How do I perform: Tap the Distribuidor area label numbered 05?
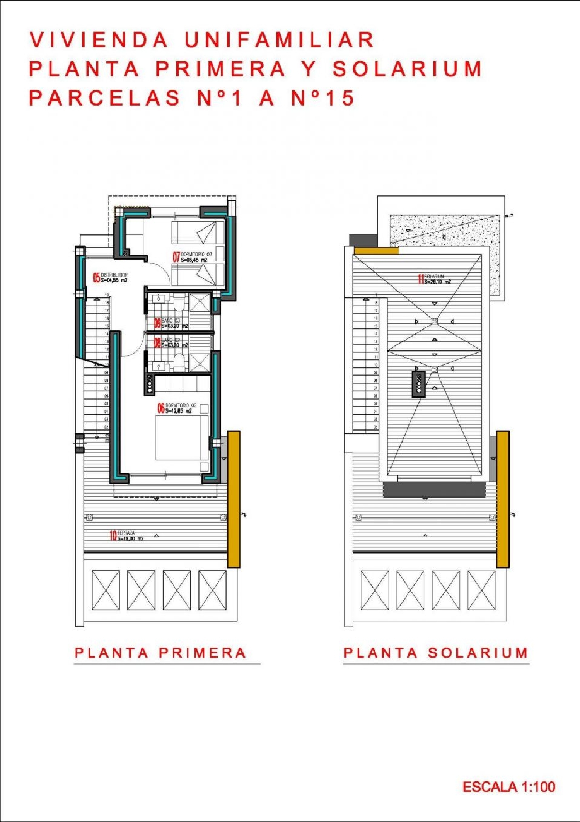click(x=111, y=277)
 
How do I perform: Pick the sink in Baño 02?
click(x=159, y=366)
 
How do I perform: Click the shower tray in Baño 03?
click(x=200, y=302)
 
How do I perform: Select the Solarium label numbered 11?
click(x=434, y=279)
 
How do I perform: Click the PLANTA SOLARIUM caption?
click(x=436, y=653)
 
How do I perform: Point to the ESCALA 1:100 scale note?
click(x=509, y=787)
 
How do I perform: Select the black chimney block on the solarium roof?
click(x=418, y=384)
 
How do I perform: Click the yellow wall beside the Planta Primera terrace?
click(x=234, y=499)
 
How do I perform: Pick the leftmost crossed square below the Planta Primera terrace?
click(x=106, y=590)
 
